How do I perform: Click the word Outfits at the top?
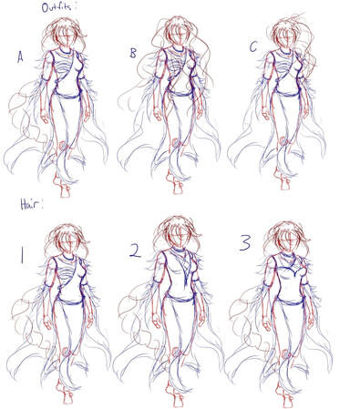point(57,7)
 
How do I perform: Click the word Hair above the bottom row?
point(31,204)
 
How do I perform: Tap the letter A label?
point(20,56)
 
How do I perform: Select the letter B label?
point(133,53)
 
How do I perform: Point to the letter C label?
point(253,47)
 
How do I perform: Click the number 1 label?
point(22,254)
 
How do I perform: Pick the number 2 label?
point(135,251)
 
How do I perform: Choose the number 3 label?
point(245,242)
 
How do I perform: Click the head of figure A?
point(67,36)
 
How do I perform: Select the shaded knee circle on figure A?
point(63,146)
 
